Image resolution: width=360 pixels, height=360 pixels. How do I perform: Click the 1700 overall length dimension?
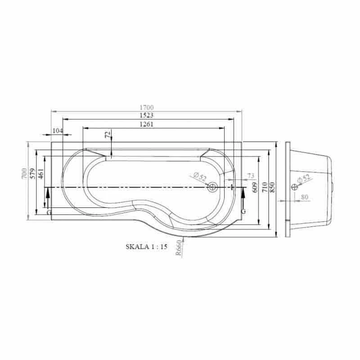[x=147, y=107]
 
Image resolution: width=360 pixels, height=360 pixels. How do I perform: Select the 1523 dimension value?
[x=147, y=115]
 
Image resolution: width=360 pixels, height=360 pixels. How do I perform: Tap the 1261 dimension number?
[x=147, y=124]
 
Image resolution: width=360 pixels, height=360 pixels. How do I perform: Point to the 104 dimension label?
[x=58, y=130]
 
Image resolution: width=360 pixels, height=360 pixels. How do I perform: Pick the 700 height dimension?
[x=24, y=174]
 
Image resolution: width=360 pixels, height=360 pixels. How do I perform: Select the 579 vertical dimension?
[x=32, y=174]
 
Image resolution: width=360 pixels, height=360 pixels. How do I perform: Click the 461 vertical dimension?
[x=40, y=174]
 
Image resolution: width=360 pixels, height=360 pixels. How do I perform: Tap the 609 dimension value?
[x=255, y=187]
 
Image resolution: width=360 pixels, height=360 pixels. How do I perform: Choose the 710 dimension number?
[x=265, y=187]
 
